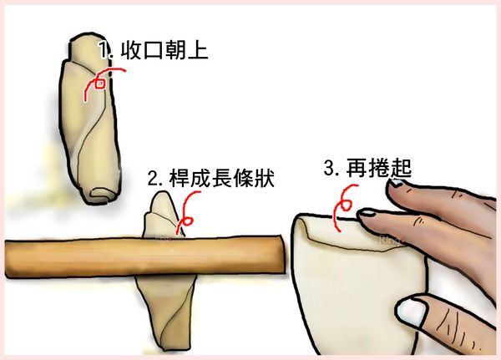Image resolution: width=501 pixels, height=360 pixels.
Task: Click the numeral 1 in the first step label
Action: [102, 51]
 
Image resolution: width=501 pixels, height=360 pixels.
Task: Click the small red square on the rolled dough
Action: [99, 82]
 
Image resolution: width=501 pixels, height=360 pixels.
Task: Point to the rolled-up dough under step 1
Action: [89, 117]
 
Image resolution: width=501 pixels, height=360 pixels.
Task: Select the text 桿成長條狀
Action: [221, 178]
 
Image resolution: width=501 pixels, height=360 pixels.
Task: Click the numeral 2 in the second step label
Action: [153, 179]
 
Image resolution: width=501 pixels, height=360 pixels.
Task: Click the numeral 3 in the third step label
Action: [329, 169]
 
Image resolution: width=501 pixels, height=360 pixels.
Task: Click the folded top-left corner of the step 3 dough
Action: [306, 226]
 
